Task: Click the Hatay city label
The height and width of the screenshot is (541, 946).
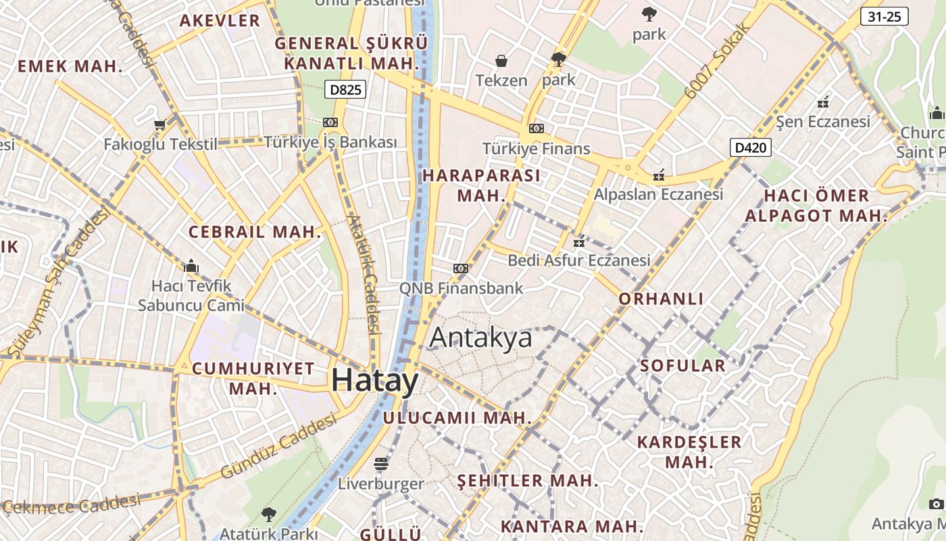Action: point(375,381)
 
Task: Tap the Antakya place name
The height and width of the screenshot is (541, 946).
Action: point(480,337)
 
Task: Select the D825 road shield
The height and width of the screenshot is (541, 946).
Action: point(345,89)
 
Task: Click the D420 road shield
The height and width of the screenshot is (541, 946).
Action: point(751,147)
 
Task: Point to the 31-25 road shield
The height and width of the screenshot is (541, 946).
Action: point(884,17)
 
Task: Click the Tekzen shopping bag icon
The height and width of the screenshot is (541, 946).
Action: point(501,62)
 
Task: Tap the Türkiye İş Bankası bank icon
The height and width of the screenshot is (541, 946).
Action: point(330,122)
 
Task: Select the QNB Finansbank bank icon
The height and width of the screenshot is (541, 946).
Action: point(461,268)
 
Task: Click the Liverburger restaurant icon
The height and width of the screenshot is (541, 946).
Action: point(381,464)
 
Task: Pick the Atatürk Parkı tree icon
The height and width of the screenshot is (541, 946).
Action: point(269,514)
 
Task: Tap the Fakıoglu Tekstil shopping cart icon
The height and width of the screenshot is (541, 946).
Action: point(160,124)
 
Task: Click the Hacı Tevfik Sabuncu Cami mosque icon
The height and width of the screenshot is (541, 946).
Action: point(191,266)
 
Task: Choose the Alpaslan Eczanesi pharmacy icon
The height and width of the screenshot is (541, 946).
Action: point(659,175)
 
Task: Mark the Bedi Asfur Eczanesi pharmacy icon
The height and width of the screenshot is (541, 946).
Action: point(579,241)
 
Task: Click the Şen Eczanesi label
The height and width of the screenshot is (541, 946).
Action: point(823,122)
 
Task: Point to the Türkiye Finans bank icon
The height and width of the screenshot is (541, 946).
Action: point(537,128)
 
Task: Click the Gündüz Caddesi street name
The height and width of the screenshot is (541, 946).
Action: point(278,446)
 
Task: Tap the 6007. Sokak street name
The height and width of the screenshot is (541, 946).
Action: point(718,60)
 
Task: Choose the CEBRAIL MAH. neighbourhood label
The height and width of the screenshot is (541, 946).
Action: point(255,232)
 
